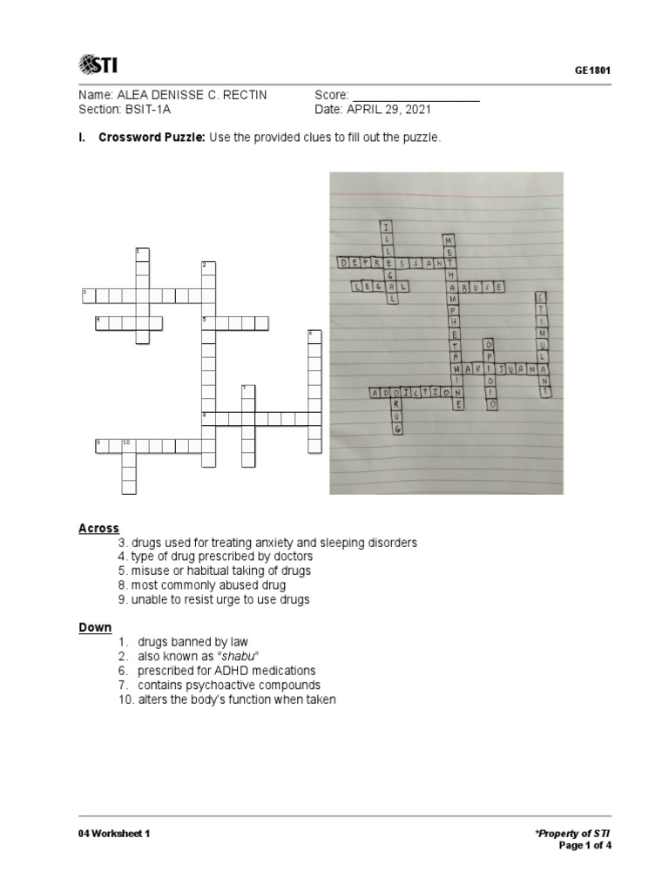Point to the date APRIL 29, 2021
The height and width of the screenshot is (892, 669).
(x=387, y=110)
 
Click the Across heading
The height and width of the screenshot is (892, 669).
(x=98, y=528)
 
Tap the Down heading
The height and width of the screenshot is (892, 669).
(x=95, y=626)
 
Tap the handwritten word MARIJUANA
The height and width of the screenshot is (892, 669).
(x=507, y=369)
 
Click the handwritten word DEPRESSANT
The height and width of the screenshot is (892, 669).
(x=392, y=261)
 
